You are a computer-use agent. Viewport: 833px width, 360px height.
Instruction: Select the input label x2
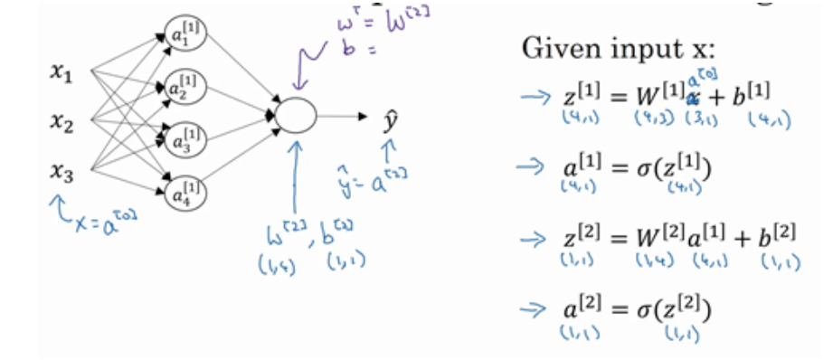[x=61, y=123]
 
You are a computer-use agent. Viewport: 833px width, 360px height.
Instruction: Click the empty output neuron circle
[x=296, y=116]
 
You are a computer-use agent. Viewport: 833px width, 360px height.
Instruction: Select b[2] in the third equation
[x=777, y=238]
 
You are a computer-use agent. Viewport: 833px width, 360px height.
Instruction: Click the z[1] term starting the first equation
[x=580, y=95]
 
